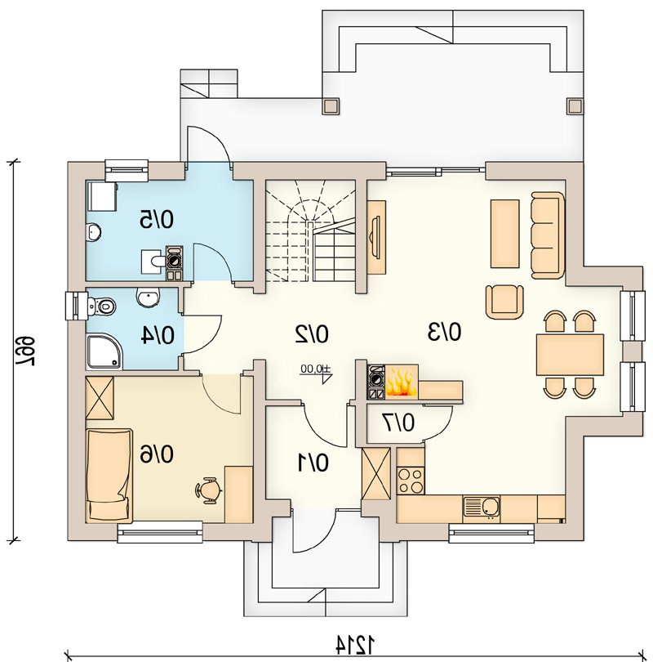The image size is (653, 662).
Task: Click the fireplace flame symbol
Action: click(401, 382)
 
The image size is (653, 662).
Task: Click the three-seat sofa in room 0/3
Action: click(548, 235)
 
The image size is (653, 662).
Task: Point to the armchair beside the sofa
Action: click(504, 302)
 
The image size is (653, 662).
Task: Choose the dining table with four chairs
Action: click(570, 355)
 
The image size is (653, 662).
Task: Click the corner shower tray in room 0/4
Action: click(105, 351)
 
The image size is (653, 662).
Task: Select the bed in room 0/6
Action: click(109, 476)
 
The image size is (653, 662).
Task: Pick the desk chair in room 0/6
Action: click(208, 490)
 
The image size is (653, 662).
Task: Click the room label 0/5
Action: click(157, 220)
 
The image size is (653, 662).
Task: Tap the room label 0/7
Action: click(398, 423)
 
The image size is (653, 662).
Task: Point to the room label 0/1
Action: click(313, 463)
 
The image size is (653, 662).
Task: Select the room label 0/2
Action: click(312, 333)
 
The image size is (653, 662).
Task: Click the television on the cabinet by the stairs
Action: click(375, 237)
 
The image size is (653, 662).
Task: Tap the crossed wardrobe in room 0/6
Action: click(100, 398)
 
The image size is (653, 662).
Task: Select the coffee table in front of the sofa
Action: click(504, 234)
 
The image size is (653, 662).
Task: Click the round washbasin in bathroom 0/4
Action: click(149, 297)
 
